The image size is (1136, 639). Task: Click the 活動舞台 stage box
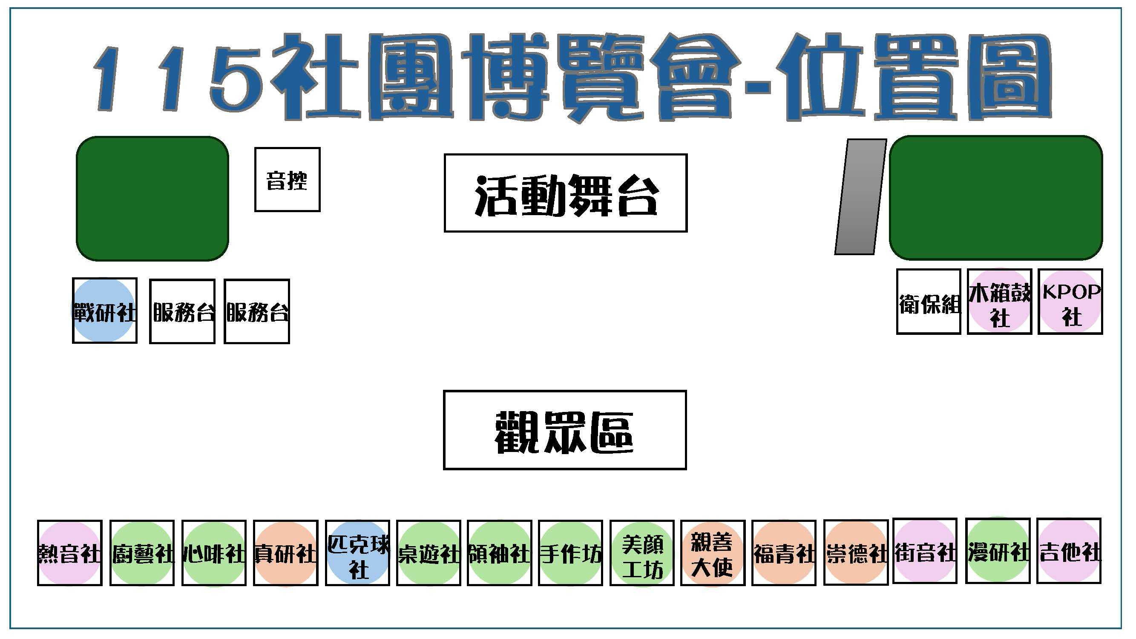pyautogui.click(x=565, y=193)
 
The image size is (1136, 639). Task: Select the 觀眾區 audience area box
pyautogui.click(x=565, y=429)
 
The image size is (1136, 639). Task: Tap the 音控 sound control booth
pyautogui.click(x=287, y=179)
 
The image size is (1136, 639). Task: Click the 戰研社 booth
pyautogui.click(x=104, y=311)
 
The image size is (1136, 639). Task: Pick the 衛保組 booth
pyautogui.click(x=928, y=302)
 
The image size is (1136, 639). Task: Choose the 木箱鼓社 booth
pyautogui.click(x=999, y=302)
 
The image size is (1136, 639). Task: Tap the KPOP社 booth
pyautogui.click(x=1070, y=302)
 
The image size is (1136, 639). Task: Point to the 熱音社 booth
pyautogui.click(x=70, y=553)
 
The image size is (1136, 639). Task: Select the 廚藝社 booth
pyautogui.click(x=142, y=553)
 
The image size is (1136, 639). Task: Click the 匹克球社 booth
pyautogui.click(x=358, y=553)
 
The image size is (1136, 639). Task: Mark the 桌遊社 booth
pyautogui.click(x=429, y=553)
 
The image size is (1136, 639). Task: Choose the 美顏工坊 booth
pyautogui.click(x=642, y=553)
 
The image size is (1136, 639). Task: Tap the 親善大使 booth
pyautogui.click(x=713, y=553)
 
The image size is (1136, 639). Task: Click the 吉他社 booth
pyautogui.click(x=1069, y=551)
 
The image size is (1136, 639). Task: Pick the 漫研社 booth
pyautogui.click(x=998, y=551)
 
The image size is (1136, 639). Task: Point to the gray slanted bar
pyautogui.click(x=860, y=197)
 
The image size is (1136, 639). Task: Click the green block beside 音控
pyautogui.click(x=152, y=199)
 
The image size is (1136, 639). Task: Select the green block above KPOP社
pyautogui.click(x=996, y=198)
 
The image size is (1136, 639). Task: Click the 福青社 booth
pyautogui.click(x=784, y=553)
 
